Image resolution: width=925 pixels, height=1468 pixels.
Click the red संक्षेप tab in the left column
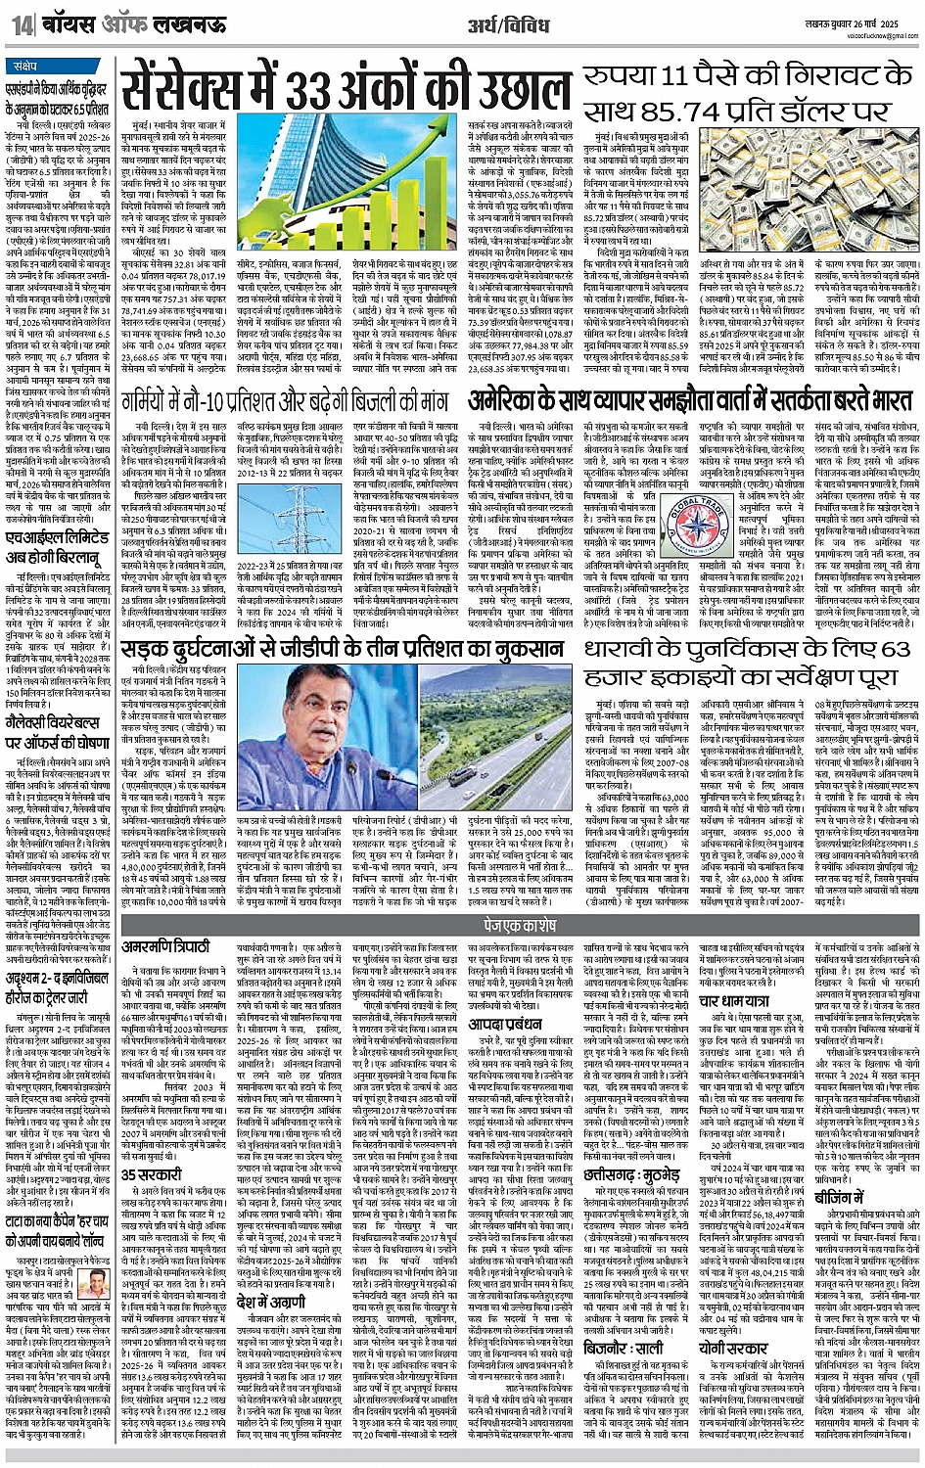pyautogui.click(x=31, y=68)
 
